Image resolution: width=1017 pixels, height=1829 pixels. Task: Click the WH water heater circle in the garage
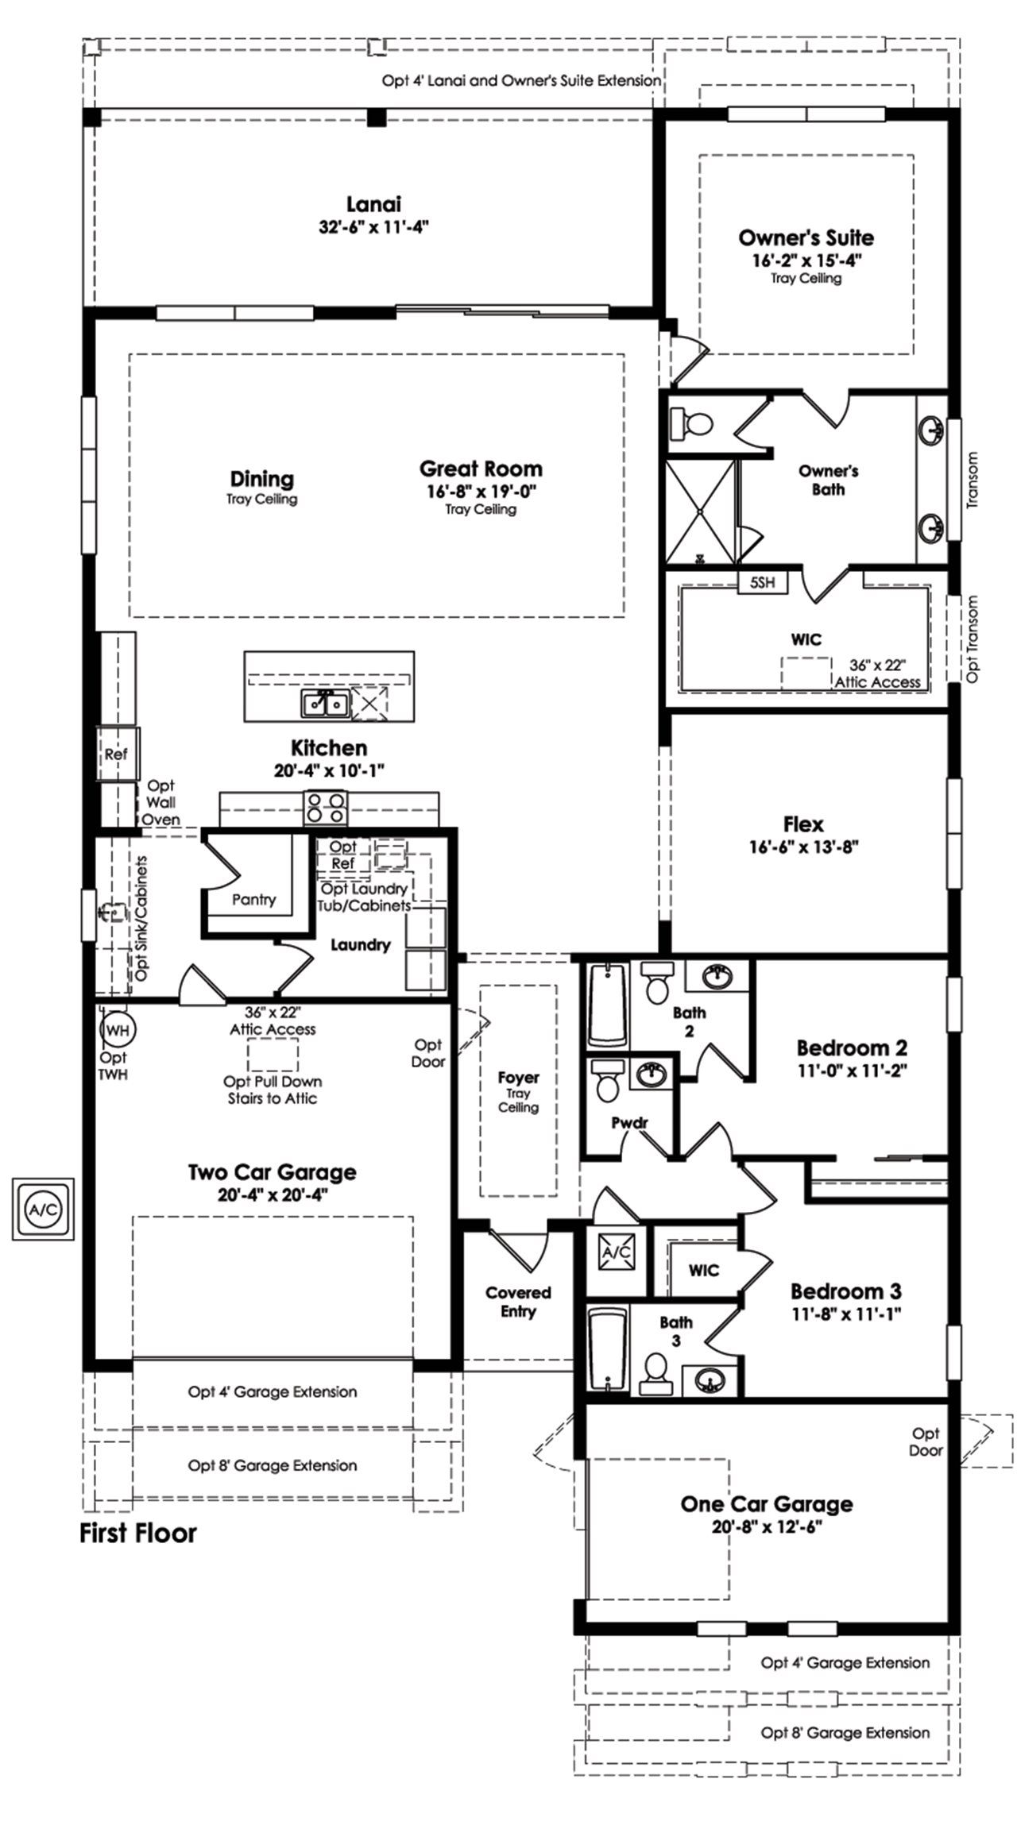click(118, 1031)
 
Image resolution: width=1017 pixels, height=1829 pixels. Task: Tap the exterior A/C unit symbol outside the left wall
click(42, 1210)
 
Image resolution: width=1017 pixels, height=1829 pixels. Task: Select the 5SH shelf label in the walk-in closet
click(762, 583)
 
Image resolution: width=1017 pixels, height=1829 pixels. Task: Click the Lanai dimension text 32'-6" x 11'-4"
click(373, 226)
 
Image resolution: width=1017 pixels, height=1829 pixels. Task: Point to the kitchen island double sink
click(324, 703)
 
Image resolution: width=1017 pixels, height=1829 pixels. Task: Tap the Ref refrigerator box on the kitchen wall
click(116, 754)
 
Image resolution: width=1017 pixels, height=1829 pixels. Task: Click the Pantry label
click(253, 900)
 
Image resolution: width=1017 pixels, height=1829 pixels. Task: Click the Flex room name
click(803, 824)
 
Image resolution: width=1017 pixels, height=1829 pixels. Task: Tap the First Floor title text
click(138, 1533)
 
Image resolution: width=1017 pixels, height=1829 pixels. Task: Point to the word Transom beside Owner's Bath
click(973, 480)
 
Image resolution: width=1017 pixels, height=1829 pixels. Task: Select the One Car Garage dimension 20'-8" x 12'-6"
click(766, 1526)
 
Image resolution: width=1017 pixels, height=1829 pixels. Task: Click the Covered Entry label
click(518, 1302)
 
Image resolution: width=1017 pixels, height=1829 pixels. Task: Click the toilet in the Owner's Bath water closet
click(692, 422)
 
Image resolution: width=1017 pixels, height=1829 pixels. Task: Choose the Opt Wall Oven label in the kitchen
click(161, 803)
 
